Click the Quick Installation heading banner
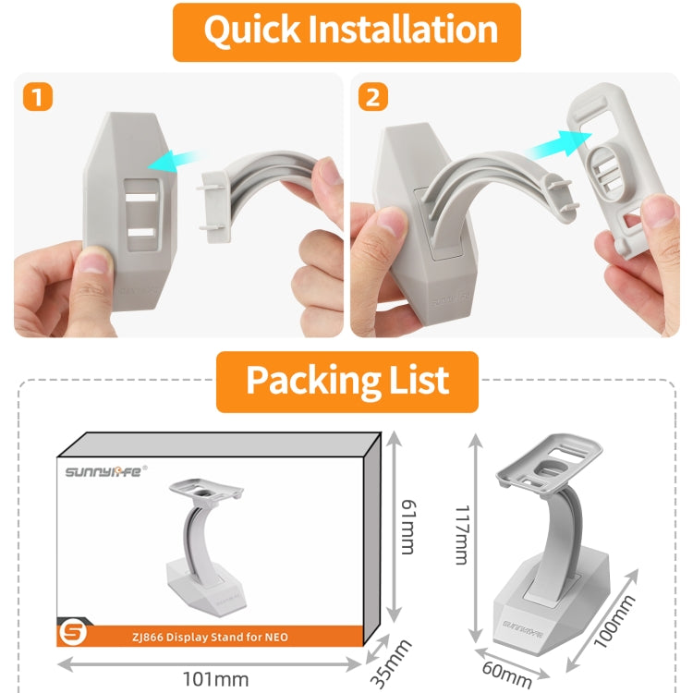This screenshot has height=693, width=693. point(346,32)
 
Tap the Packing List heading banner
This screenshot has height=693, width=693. point(346,382)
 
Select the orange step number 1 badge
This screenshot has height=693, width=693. point(38,96)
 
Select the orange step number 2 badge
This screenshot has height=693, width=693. point(373,96)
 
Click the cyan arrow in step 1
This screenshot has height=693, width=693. point(176,161)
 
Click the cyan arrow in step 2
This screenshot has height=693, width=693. point(559,145)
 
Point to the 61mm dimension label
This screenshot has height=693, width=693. point(408,527)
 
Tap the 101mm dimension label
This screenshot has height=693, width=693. point(215,679)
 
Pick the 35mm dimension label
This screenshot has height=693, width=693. point(390,663)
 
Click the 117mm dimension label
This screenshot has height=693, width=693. point(462,535)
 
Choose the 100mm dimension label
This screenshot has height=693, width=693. point(614,621)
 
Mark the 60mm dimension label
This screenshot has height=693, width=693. point(507,674)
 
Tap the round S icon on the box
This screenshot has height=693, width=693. point(73,633)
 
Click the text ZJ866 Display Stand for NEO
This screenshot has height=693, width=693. point(210,637)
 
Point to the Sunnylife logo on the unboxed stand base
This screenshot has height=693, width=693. point(522,627)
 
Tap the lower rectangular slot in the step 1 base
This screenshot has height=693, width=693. point(141,233)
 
